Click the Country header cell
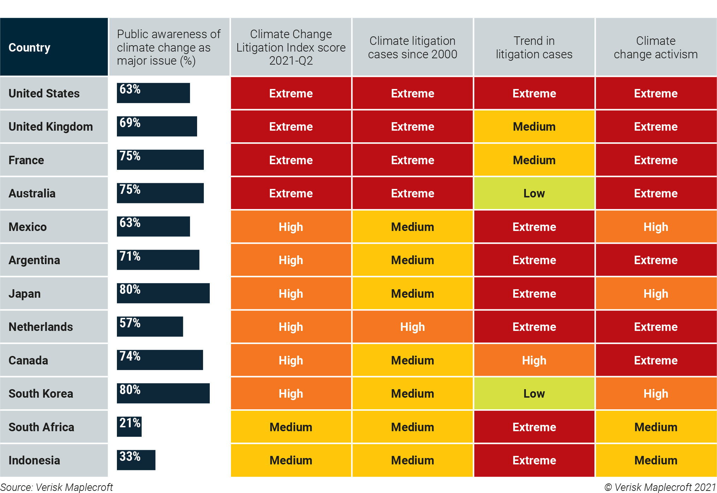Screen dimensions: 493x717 [x=54, y=47]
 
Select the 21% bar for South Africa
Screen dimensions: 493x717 [x=129, y=427]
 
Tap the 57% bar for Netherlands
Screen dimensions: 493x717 [x=150, y=327]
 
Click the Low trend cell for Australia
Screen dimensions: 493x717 [x=534, y=193]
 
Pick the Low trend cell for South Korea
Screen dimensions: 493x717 [x=534, y=393]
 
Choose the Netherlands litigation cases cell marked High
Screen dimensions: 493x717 [x=412, y=327]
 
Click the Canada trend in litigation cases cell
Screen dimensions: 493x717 [x=534, y=360]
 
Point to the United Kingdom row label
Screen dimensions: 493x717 [x=51, y=126]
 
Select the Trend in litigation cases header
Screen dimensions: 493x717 [x=534, y=47]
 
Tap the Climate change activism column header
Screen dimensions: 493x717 [x=656, y=47]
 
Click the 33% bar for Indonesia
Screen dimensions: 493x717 [x=136, y=460]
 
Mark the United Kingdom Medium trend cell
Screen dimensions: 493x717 [x=534, y=126]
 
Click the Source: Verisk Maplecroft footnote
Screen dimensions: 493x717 [x=57, y=487]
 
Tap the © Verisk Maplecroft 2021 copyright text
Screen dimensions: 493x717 [x=660, y=487]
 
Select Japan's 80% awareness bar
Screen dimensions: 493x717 [x=163, y=293]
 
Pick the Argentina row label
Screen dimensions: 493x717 [x=34, y=260]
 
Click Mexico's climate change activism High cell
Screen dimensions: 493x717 [x=656, y=227]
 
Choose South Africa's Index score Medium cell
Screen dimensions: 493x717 [x=291, y=427]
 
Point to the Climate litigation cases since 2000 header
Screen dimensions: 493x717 [x=412, y=47]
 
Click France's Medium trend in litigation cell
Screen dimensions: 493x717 [x=534, y=160]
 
